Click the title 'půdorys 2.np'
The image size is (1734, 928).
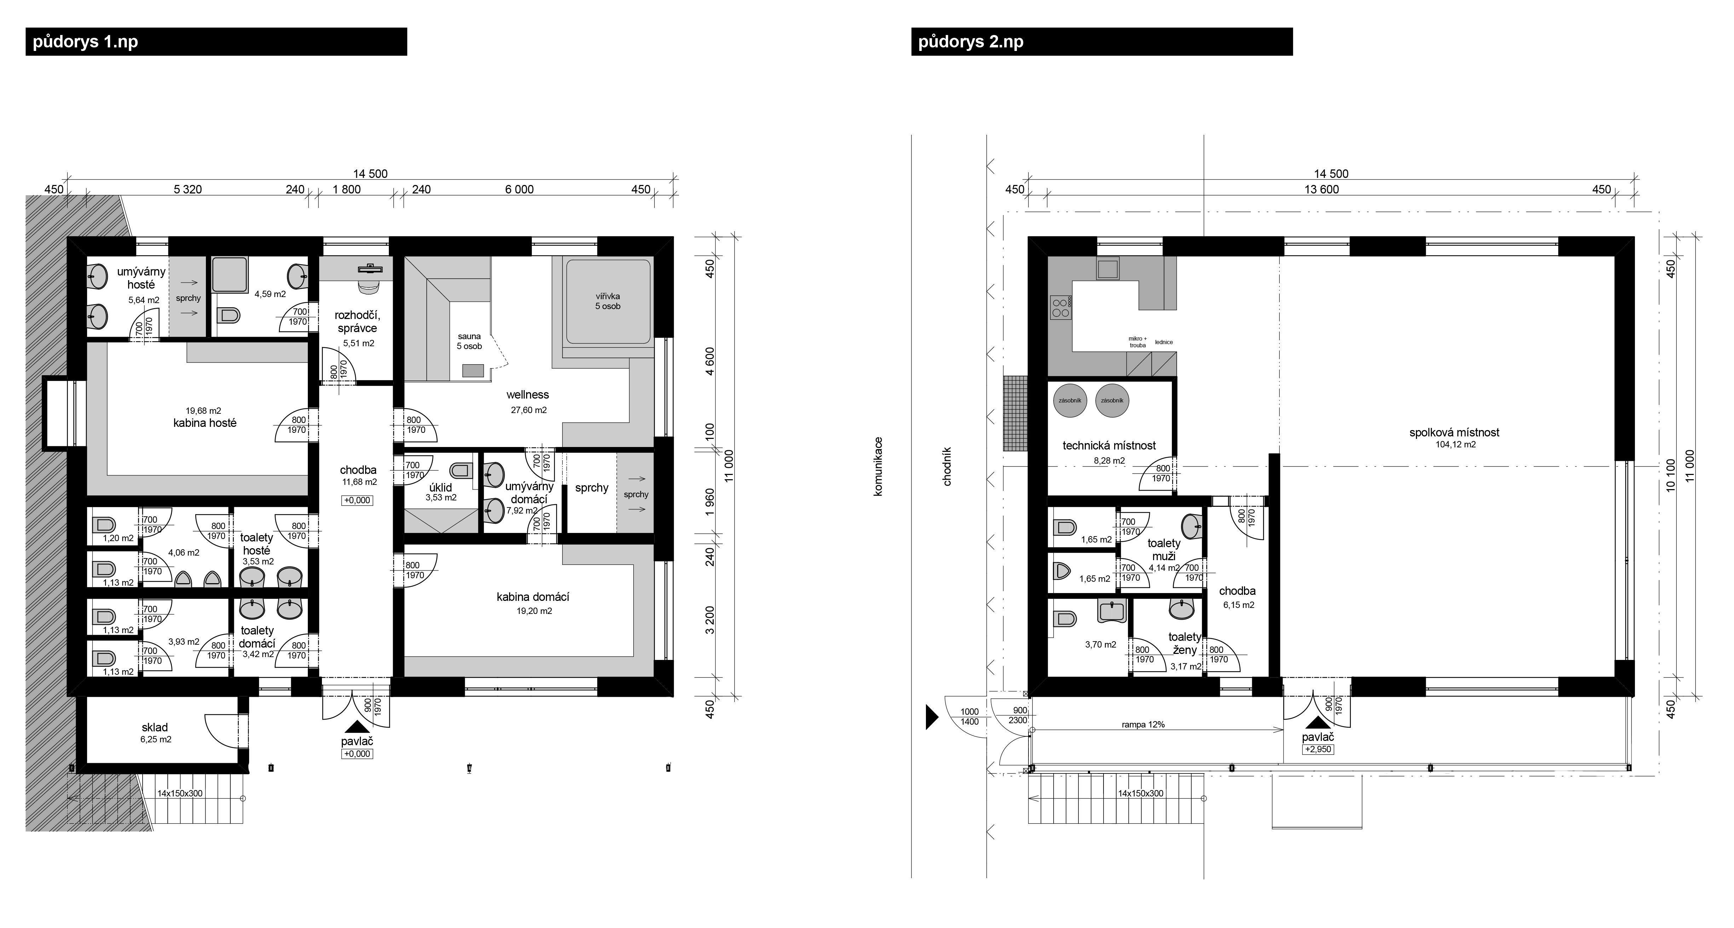pyautogui.click(x=970, y=42)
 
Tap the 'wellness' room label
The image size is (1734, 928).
pyautogui.click(x=528, y=395)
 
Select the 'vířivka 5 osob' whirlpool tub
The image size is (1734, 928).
pyautogui.click(x=608, y=301)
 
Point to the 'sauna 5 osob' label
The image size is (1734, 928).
pyautogui.click(x=469, y=341)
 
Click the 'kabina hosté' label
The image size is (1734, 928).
pyautogui.click(x=204, y=423)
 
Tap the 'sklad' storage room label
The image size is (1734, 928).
pyautogui.click(x=155, y=727)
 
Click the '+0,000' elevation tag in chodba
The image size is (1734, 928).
pyautogui.click(x=357, y=501)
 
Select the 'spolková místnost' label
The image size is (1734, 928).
pyautogui.click(x=1454, y=433)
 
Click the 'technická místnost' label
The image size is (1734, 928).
pyautogui.click(x=1109, y=446)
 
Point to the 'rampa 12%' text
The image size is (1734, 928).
pyautogui.click(x=1143, y=725)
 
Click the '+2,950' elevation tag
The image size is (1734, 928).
pyautogui.click(x=1318, y=749)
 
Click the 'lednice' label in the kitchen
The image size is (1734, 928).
pyautogui.click(x=1164, y=342)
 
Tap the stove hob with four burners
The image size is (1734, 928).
pyautogui.click(x=1061, y=308)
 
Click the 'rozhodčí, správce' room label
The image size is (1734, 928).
pyautogui.click(x=357, y=322)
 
